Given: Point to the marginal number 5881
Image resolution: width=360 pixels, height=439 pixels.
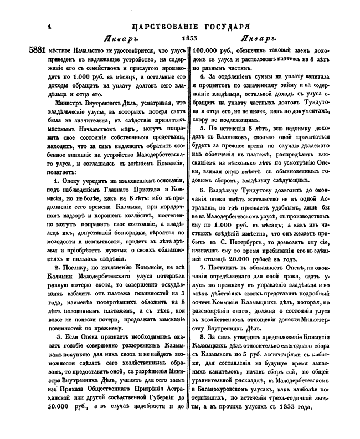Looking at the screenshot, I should coord(39,50).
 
